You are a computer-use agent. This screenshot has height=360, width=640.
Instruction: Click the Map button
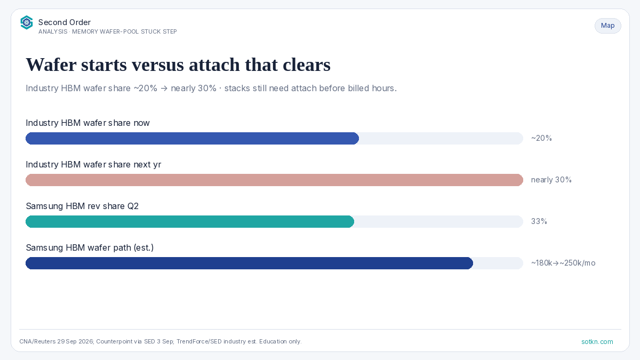tap(607, 26)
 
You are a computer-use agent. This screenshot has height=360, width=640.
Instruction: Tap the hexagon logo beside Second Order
tap(27, 22)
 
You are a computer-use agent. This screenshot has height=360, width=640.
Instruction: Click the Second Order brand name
tap(65, 22)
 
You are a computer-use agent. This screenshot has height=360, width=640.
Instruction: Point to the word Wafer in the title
tap(51, 65)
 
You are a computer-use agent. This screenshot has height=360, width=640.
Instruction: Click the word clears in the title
tap(307, 65)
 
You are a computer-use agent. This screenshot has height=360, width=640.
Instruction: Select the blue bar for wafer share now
tap(193, 138)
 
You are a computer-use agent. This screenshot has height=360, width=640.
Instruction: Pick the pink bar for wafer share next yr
tap(274, 180)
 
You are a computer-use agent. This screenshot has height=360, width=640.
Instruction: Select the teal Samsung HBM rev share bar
tap(190, 221)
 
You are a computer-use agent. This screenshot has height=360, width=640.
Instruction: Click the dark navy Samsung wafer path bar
tap(250, 263)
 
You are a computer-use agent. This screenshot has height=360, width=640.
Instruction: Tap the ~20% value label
tap(541, 138)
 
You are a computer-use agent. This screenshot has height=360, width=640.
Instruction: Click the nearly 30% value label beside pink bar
tap(551, 180)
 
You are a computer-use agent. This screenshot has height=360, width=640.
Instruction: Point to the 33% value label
tap(539, 221)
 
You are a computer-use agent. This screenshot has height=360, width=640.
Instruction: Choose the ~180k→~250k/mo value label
tap(563, 263)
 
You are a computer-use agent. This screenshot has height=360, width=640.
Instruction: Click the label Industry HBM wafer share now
tap(87, 123)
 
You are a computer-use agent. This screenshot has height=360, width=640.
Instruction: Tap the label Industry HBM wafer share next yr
tap(93, 165)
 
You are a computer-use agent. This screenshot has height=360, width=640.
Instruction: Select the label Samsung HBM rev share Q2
tap(82, 206)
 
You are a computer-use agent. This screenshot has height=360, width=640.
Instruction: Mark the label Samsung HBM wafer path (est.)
tap(90, 247)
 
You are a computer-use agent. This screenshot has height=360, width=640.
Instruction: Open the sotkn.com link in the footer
tap(597, 342)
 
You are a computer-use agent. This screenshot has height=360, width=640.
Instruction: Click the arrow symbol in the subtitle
tap(164, 89)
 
